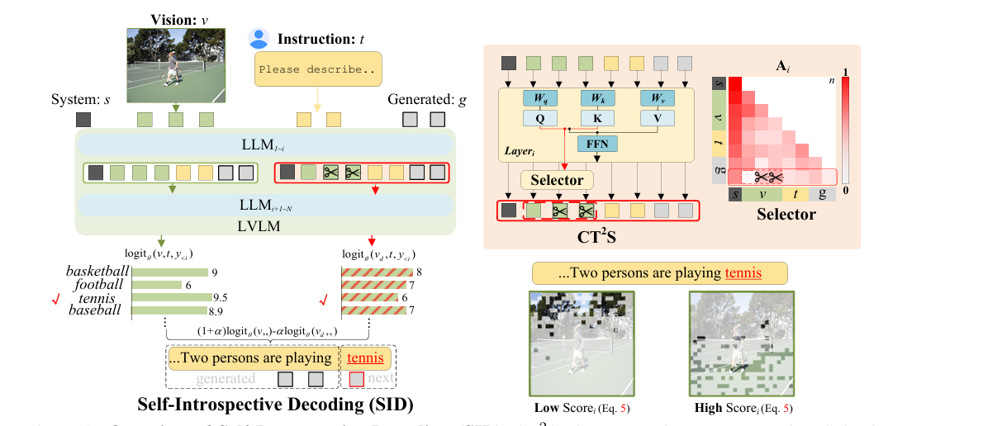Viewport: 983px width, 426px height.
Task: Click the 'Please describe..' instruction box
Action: coord(317,69)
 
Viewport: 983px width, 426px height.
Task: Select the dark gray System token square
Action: coord(83,120)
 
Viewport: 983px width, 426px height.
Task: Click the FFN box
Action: coord(597,142)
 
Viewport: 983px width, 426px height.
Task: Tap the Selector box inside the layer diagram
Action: coord(556,179)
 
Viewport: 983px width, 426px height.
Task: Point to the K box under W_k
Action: coord(597,117)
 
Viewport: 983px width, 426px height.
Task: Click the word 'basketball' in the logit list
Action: coord(97,272)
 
